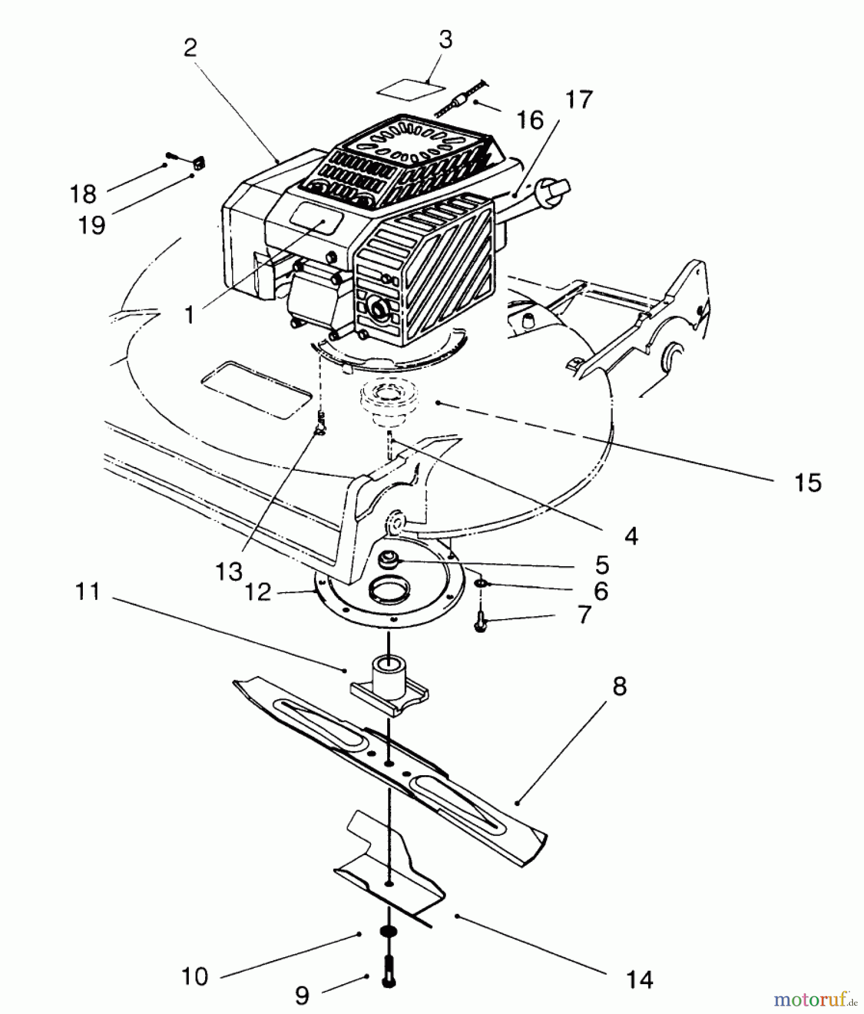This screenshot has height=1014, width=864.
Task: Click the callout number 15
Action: (x=808, y=483)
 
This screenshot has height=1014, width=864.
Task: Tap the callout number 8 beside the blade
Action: (x=619, y=687)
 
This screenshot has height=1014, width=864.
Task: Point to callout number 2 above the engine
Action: (x=190, y=48)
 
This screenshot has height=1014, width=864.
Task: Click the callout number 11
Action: (x=88, y=592)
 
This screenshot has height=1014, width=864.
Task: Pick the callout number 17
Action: (x=579, y=100)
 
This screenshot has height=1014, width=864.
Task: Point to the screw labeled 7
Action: (x=481, y=621)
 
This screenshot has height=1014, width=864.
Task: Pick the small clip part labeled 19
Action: (x=197, y=163)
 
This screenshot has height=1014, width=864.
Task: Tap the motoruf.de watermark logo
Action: (x=817, y=1000)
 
